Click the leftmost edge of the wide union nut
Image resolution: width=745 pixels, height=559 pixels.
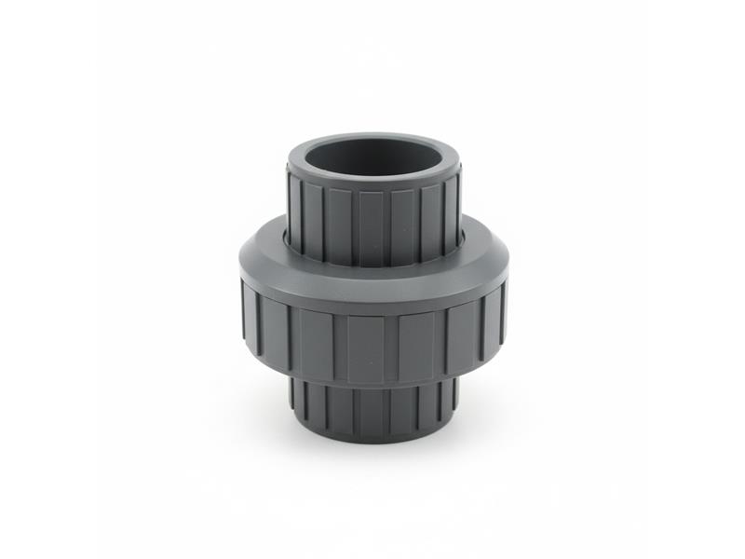pos(239,307)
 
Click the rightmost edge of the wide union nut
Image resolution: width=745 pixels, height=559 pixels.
pos(507,307)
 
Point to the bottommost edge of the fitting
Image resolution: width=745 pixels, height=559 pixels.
pos(372,443)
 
